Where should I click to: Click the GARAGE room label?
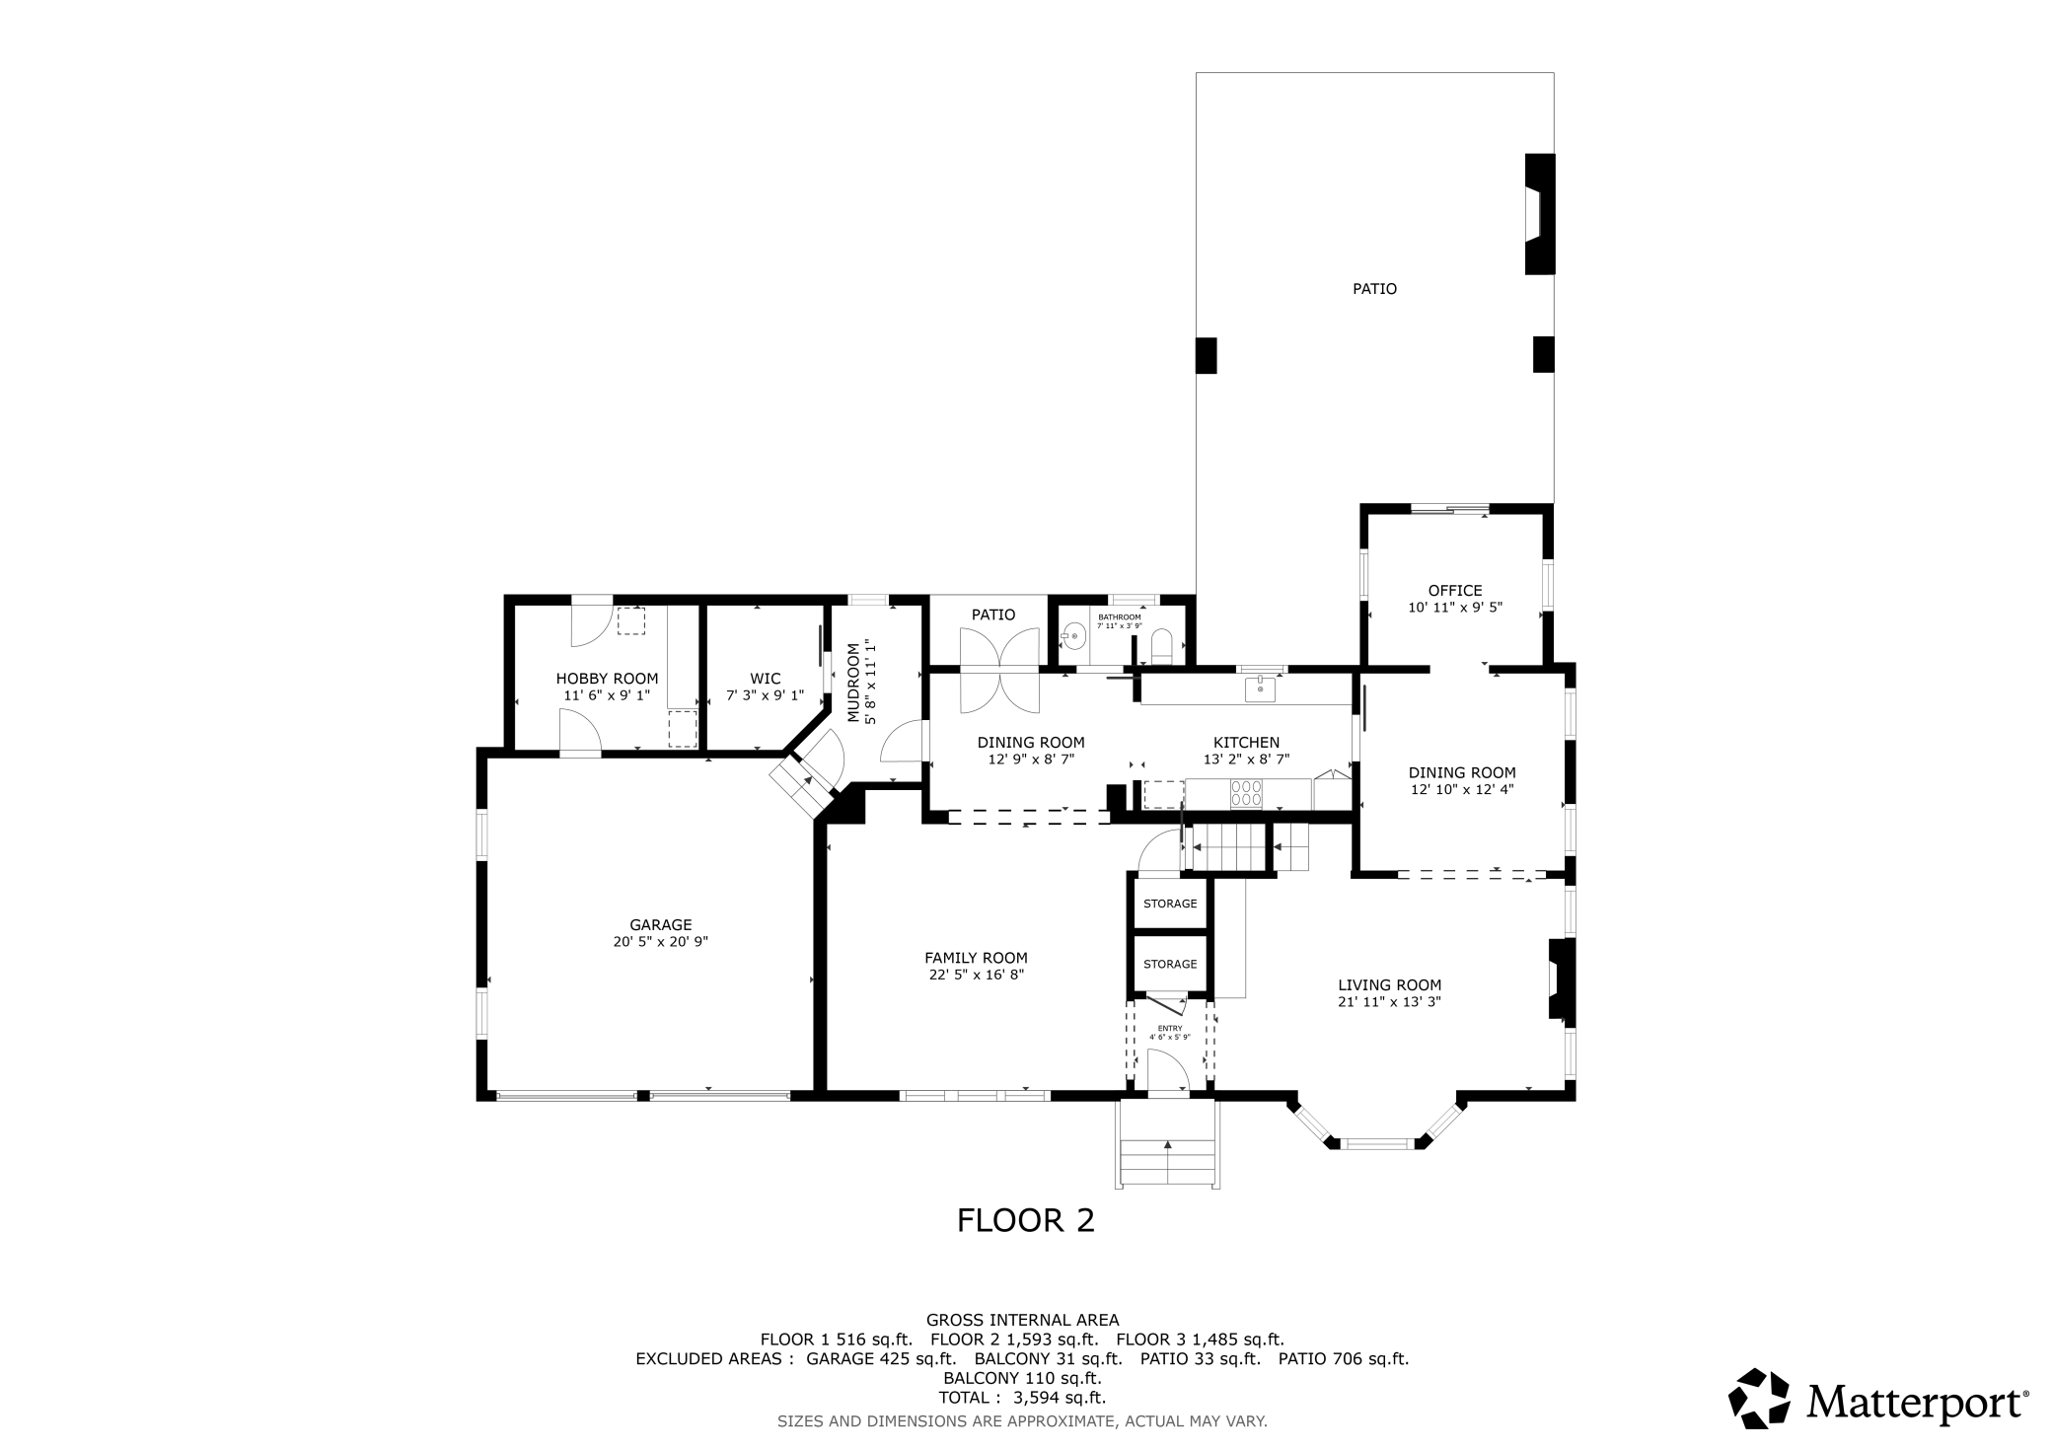pos(661,925)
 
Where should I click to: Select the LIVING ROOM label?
pos(1389,985)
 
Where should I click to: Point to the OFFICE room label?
pos(1455,591)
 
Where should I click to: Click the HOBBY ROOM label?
pos(607,679)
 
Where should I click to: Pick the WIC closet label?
pos(766,679)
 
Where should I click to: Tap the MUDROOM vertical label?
pos(853,683)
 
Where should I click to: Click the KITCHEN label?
pos(1246,743)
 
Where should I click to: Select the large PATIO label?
pos(1374,289)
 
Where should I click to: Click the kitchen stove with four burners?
pos(1247,793)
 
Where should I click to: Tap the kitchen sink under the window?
pos(1260,689)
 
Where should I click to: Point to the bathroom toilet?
pos(1161,647)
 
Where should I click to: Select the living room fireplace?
pos(1561,979)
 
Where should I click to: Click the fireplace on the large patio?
pos(1540,214)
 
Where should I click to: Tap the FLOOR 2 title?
pos(1026,1221)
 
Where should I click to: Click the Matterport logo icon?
pos(1760,1398)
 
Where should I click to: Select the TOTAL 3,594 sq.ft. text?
pos(1022,1398)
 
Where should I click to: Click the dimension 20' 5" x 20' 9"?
pos(661,942)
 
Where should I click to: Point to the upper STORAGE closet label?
pos(1170,904)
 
